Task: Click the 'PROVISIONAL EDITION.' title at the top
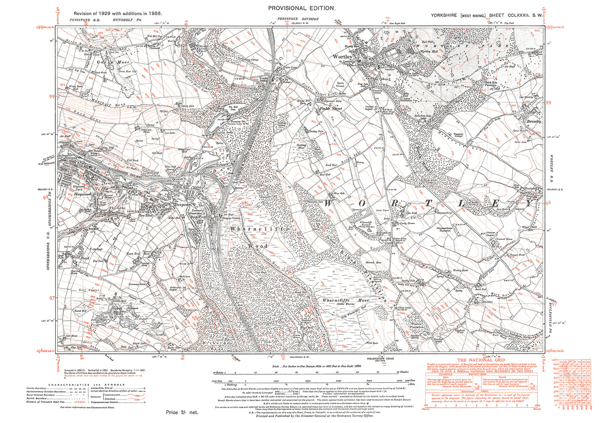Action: [x=301, y=8]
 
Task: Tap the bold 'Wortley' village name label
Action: [x=342, y=56]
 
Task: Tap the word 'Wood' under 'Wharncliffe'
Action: [x=258, y=245]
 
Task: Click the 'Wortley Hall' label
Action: [x=429, y=51]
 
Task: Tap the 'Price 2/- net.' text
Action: [x=182, y=412]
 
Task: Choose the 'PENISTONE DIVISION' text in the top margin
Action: [x=298, y=19]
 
